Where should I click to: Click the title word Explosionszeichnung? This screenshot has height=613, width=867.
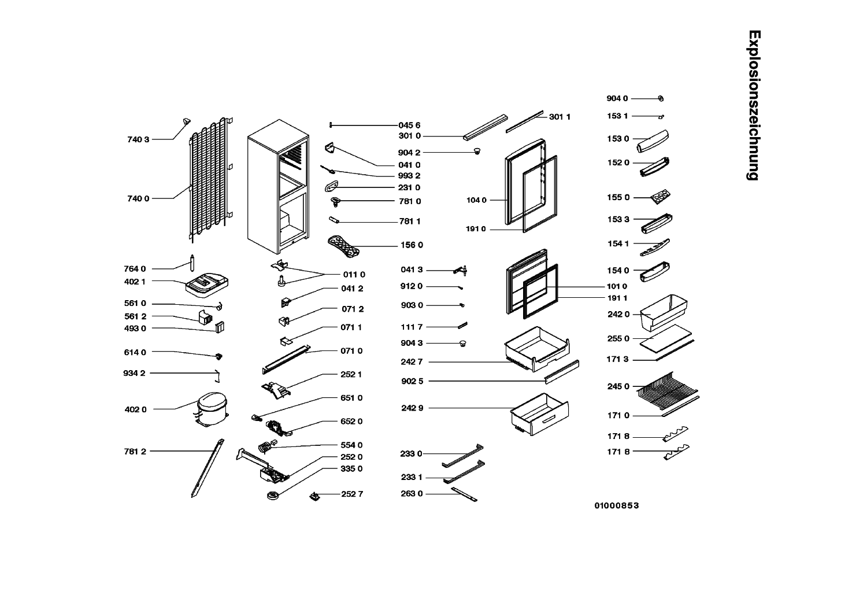click(753, 105)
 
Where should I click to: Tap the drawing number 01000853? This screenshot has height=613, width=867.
click(617, 505)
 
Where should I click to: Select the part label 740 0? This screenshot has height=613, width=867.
click(138, 198)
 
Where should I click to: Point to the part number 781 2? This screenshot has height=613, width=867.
click(135, 452)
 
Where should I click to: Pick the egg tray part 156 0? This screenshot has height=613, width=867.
click(343, 245)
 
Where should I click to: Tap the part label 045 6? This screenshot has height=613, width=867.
click(409, 125)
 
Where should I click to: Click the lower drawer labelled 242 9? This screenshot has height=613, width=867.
click(539, 412)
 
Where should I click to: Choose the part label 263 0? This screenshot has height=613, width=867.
click(412, 494)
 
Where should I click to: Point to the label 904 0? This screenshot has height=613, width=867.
click(617, 99)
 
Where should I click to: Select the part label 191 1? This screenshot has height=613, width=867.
click(616, 298)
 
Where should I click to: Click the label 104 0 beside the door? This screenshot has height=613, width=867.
click(476, 201)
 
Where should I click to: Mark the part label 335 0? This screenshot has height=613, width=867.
click(351, 468)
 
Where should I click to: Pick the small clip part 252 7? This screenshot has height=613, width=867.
click(316, 495)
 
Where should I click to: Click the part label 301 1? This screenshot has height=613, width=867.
click(560, 117)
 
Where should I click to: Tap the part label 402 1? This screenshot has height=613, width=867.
click(135, 281)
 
